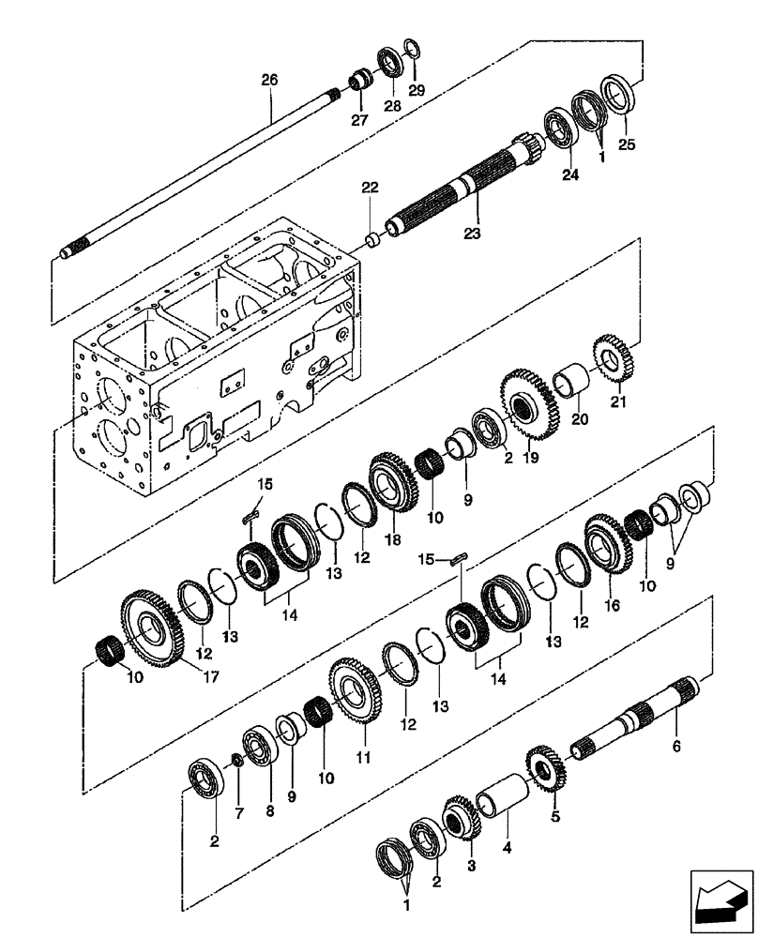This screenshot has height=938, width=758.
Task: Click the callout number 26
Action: [269, 81]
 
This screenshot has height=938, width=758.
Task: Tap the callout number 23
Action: [472, 233]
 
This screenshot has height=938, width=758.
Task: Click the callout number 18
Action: [391, 542]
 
